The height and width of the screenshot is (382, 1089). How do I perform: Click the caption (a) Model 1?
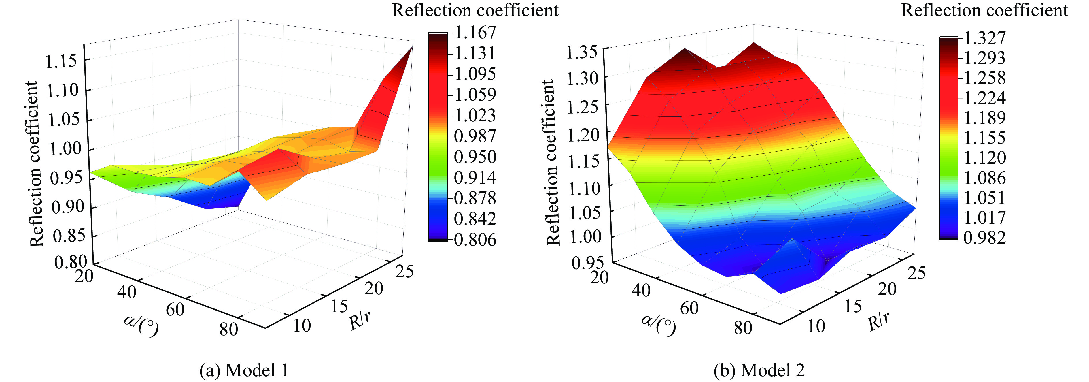tap(244, 370)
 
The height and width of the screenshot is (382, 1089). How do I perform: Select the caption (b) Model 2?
tap(759, 370)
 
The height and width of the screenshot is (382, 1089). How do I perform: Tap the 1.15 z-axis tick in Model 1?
tap(62, 62)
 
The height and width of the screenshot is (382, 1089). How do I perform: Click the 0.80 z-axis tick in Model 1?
tap(71, 262)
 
